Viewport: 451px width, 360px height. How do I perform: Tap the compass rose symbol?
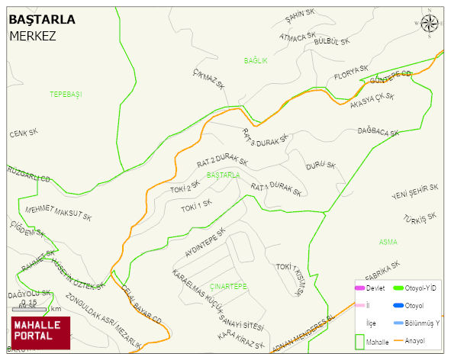430,24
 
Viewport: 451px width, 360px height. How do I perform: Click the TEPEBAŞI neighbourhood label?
65,94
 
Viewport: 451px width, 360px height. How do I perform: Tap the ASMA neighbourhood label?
388,242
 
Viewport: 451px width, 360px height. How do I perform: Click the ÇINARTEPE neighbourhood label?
228,286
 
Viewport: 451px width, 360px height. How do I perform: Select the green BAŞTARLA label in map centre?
224,175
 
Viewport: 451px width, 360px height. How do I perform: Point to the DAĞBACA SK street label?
379,132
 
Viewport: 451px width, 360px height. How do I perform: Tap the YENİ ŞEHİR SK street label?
414,191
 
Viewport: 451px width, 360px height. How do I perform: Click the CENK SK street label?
24,133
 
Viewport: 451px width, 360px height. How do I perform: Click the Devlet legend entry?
369,288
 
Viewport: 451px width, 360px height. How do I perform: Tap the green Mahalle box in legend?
360,342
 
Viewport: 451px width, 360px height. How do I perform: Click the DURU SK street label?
321,166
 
